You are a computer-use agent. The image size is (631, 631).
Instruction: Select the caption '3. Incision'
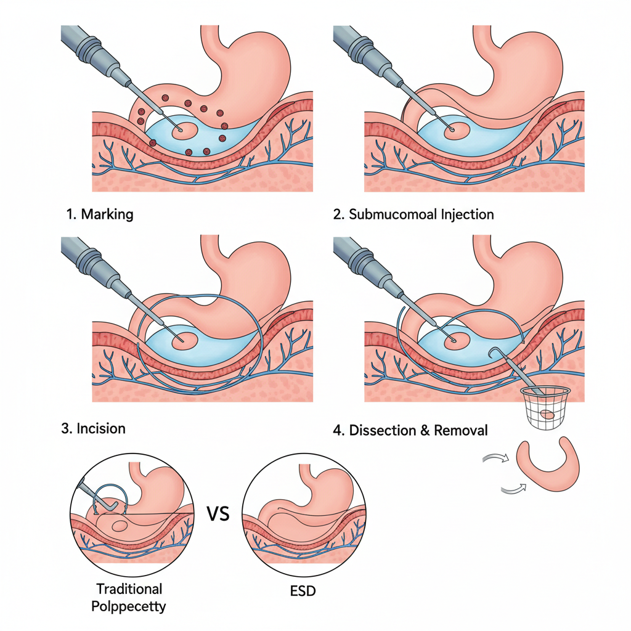click(x=93, y=428)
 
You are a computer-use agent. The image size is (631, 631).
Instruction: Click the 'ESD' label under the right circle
click(x=302, y=592)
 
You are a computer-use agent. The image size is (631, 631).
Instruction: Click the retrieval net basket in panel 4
click(x=542, y=407)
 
